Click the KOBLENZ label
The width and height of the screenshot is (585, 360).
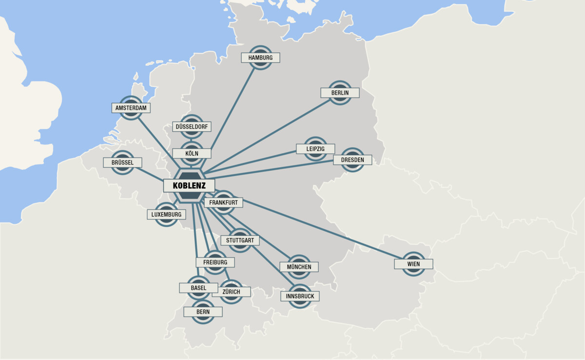189,186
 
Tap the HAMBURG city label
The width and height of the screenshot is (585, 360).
260,58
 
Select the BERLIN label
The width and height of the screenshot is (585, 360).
340,93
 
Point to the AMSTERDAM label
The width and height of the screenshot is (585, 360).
131,107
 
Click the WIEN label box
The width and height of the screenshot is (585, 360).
413,264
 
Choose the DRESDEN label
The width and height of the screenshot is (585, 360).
352,160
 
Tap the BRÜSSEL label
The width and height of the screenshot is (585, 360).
122,162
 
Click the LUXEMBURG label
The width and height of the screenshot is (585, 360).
166,215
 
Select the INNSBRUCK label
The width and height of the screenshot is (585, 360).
300,296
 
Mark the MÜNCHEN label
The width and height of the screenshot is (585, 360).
299,267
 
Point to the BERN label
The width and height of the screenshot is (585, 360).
203,312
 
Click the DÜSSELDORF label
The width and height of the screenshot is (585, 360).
192,127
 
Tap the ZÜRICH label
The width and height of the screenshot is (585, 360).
231,292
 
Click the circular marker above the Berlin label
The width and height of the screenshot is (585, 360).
340,84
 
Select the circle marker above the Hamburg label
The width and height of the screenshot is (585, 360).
261,49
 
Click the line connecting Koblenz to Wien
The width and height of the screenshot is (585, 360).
322,228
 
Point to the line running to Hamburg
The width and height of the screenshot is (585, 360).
234,107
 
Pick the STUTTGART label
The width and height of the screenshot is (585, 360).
240,240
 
